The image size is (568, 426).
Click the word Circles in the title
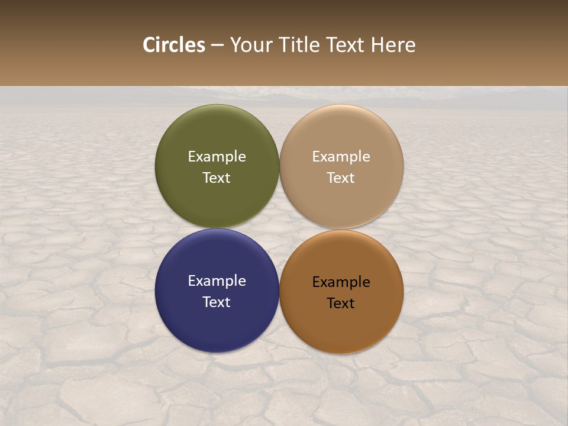pyautogui.click(x=174, y=45)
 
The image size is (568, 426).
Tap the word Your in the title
pyautogui.click(x=249, y=45)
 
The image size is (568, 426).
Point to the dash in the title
pyautogui.click(x=217, y=46)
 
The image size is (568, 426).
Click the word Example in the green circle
pyautogui.click(x=217, y=157)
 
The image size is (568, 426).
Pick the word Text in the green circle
pyautogui.click(x=217, y=178)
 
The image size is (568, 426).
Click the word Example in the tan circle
pyautogui.click(x=341, y=157)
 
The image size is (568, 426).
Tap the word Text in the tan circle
pyautogui.click(x=341, y=178)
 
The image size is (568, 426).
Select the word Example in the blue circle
pyautogui.click(x=217, y=281)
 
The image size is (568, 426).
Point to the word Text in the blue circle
pyautogui.click(x=217, y=302)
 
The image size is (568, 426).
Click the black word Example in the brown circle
pyautogui.click(x=341, y=282)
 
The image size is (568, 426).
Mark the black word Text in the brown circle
pyautogui.click(x=341, y=304)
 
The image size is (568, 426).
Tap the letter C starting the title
pyautogui.click(x=149, y=45)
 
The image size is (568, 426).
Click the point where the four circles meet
pyautogui.click(x=279, y=228)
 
